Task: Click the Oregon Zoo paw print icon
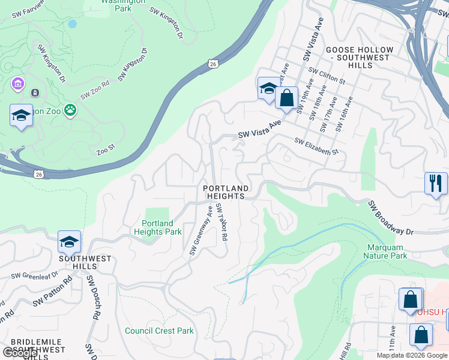(x=71, y=110)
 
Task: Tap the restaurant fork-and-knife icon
(x=436, y=182)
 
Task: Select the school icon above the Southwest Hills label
(x=69, y=242)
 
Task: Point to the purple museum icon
(x=17, y=85)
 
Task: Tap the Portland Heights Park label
(x=158, y=227)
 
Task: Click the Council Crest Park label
(x=159, y=331)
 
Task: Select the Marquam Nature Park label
(x=385, y=251)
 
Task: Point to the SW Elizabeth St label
(x=316, y=146)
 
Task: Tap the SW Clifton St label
(x=327, y=75)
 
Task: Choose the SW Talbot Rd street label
(x=222, y=222)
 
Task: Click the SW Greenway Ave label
(x=202, y=231)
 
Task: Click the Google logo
(x=20, y=353)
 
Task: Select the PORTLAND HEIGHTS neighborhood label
(x=225, y=192)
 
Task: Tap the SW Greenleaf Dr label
(x=34, y=275)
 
